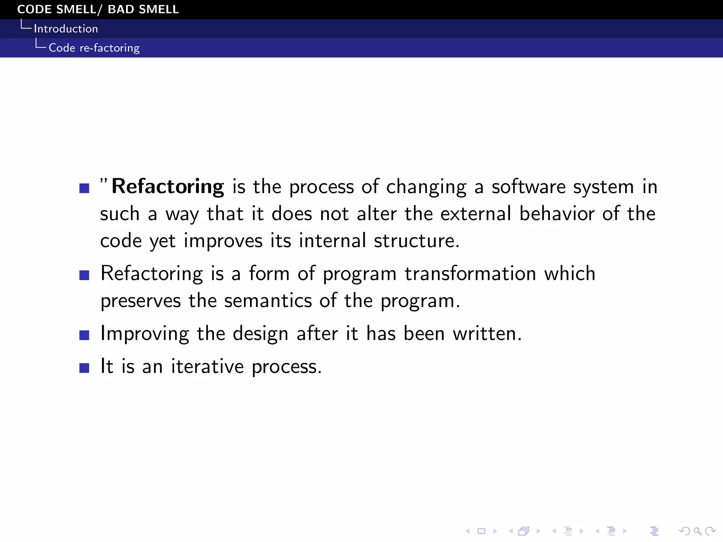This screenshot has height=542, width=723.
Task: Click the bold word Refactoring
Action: click(168, 187)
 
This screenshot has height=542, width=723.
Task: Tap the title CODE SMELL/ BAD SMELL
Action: click(98, 9)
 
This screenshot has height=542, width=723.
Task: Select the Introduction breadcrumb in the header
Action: click(66, 29)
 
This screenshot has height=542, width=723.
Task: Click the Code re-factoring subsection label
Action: click(94, 48)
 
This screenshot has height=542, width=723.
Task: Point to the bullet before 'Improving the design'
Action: click(84, 335)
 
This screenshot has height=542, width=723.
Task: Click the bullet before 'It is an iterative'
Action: click(84, 368)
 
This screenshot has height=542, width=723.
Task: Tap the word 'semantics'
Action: click(268, 301)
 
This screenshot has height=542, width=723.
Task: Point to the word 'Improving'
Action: click(145, 334)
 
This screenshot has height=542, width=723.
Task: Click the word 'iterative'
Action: click(207, 366)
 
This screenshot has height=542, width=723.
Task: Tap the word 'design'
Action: click(260, 334)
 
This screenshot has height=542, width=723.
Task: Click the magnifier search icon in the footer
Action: click(697, 531)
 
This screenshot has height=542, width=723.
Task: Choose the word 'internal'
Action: click(332, 241)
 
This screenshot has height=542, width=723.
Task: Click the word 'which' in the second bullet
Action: click(569, 274)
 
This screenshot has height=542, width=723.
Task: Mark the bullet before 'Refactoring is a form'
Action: click(84, 275)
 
